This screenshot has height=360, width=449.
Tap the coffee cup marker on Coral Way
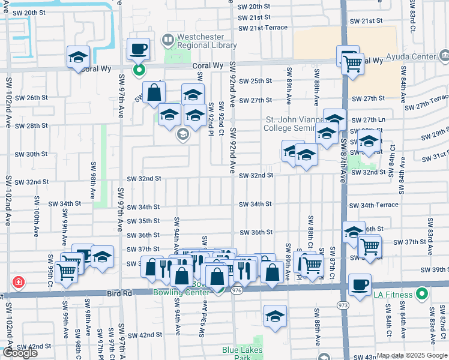[x=139, y=49]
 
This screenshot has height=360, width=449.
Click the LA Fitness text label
[x=393, y=295]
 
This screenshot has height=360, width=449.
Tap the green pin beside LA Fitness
[x=422, y=295]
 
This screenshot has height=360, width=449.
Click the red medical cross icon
[x=19, y=281]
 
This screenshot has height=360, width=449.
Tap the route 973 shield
[x=343, y=305]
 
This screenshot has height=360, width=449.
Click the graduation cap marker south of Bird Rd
[x=275, y=316]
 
